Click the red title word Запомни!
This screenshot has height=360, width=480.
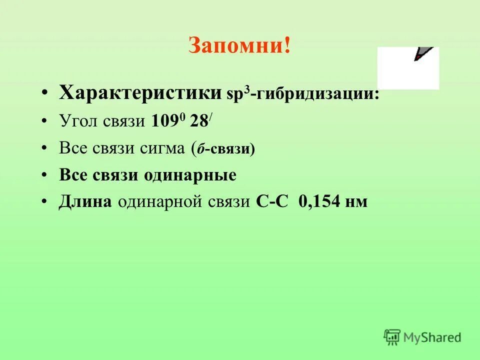(x=239, y=46)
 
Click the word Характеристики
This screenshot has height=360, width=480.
(x=140, y=92)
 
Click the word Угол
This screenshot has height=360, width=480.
(x=79, y=121)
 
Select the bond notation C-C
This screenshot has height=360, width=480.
(x=272, y=201)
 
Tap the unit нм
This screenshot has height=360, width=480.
(x=356, y=202)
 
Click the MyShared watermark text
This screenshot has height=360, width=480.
(x=432, y=337)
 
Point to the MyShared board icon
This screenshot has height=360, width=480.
(x=392, y=337)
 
